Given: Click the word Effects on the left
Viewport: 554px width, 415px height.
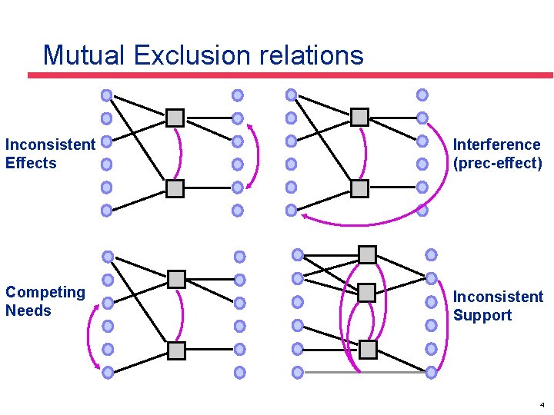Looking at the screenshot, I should click(31, 163).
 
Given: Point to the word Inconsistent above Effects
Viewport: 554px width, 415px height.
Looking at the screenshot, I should click(50, 144).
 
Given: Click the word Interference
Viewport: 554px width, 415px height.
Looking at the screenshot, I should click(496, 144).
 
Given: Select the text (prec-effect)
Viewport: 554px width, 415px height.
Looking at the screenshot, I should click(497, 163).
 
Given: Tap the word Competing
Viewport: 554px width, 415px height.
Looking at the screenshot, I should click(45, 292).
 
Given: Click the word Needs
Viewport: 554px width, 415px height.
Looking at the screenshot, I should click(28, 310).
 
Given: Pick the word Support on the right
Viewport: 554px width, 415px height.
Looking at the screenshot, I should click(482, 315).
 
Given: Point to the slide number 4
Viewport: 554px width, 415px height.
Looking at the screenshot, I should click(542, 404).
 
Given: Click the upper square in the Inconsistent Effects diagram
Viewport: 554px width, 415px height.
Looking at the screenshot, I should click(175, 118).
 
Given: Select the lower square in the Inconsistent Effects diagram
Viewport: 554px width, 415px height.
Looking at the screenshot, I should click(175, 188).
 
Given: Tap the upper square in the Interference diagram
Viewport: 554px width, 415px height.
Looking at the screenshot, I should click(359, 117).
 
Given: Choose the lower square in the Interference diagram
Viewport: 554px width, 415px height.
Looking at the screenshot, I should click(359, 188).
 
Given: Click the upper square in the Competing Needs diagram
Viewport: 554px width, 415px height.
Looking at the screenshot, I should click(177, 279).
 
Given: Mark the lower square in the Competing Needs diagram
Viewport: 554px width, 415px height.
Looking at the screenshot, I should click(177, 350).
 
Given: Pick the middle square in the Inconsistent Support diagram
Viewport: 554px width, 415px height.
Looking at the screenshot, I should click(366, 292).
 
